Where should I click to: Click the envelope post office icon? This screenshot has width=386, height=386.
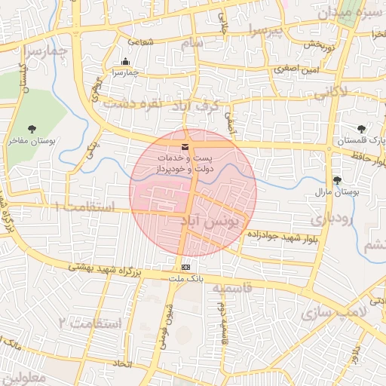(185, 146)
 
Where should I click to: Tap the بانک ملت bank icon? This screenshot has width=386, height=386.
(185, 268)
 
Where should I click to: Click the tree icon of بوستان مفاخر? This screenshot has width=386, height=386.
(32, 130)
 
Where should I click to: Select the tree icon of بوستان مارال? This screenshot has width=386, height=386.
(336, 180)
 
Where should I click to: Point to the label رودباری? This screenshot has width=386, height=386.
(331, 219)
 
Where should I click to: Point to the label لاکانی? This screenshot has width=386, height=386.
(329, 93)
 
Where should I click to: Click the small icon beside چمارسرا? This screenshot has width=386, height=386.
(125, 62)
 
